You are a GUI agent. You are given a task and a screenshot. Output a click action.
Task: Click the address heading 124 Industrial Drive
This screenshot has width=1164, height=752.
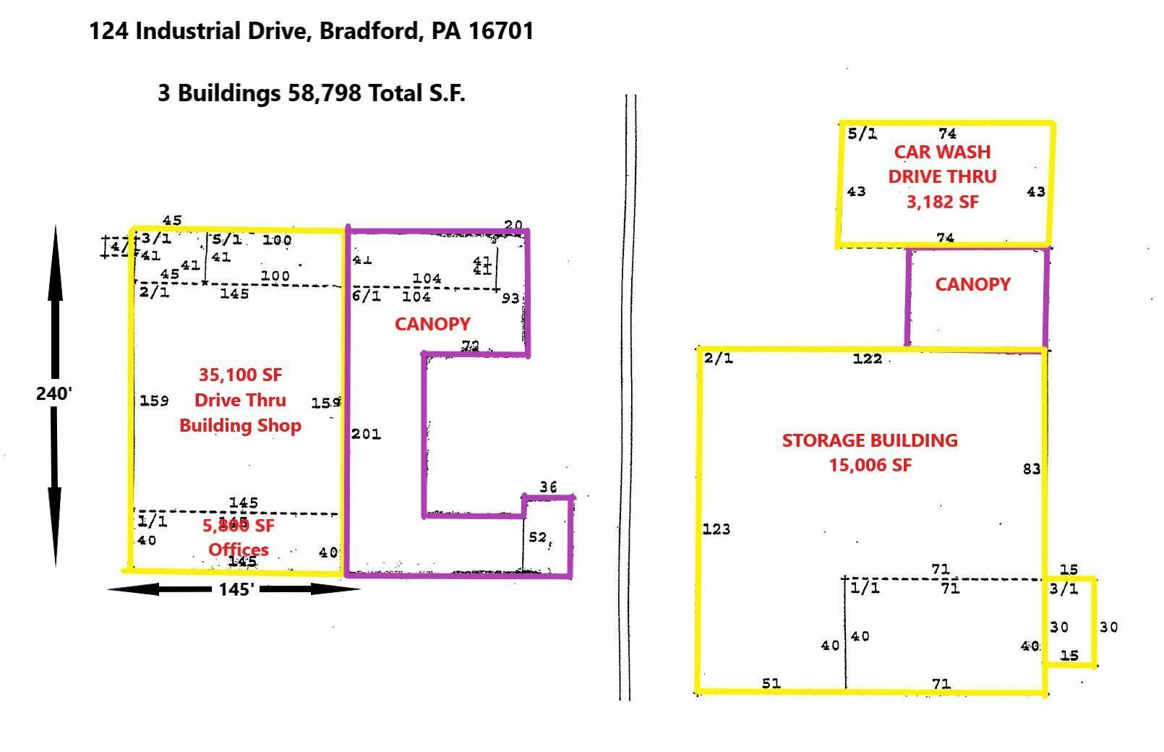tap(311, 31)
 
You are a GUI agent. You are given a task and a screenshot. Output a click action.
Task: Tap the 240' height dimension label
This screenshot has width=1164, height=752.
tap(54, 393)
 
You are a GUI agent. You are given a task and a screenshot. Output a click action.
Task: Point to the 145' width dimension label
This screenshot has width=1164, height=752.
tap(236, 590)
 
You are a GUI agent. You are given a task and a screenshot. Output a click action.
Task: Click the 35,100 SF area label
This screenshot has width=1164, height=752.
tap(240, 375)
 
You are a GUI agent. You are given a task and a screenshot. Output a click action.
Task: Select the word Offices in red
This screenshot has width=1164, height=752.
tap(239, 550)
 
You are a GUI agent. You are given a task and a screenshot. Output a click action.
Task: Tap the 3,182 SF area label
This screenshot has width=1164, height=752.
tap(942, 202)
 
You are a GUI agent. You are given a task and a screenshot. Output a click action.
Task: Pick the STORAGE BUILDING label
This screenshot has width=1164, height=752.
tap(870, 440)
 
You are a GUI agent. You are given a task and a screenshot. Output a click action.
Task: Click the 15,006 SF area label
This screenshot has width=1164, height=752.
tap(870, 465)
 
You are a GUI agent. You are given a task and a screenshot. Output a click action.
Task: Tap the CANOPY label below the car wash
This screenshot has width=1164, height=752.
tap(972, 284)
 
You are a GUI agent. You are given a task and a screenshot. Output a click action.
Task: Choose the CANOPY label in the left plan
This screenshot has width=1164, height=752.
tap(432, 324)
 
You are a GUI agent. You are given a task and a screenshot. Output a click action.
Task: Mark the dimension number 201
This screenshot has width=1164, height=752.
tap(366, 434)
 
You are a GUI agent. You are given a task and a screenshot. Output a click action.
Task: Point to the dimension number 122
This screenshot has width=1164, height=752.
tap(867, 359)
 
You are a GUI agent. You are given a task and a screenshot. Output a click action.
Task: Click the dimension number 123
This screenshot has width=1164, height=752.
tap(716, 529)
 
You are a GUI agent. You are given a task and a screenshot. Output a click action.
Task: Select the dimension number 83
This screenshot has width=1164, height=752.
tap(1031, 469)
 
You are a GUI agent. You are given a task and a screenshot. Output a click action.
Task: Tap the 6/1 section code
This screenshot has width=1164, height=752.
tap(367, 296)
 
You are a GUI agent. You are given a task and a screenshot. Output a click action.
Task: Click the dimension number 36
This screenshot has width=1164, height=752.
tap(548, 487)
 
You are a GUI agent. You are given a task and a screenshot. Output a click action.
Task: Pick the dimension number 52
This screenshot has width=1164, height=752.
tap(538, 537)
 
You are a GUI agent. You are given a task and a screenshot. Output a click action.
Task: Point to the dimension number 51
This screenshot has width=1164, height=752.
tap(771, 683)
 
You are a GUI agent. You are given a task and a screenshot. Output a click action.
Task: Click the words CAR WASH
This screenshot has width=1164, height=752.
tap(942, 152)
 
